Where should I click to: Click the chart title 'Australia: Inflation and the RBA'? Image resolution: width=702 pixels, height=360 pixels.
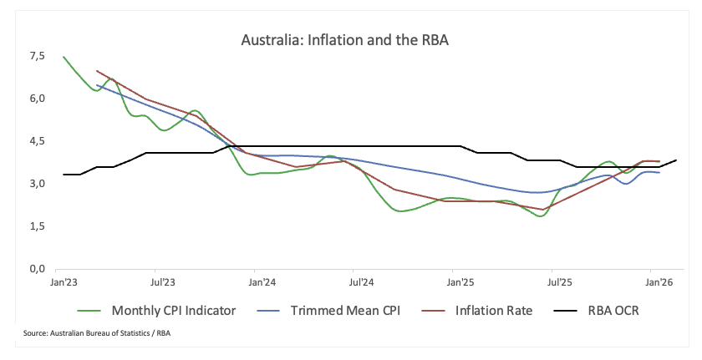tap(345, 40)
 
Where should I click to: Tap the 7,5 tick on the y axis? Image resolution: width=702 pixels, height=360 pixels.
tap(36, 56)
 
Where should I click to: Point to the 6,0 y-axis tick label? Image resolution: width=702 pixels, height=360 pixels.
tap(36, 99)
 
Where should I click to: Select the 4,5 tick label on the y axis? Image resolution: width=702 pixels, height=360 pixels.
tap(36, 141)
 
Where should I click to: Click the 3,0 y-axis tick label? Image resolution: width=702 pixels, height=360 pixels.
tap(36, 184)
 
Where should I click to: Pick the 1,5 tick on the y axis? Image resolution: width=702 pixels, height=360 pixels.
tap(36, 226)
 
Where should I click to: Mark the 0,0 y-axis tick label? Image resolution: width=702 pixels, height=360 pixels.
tap(36, 269)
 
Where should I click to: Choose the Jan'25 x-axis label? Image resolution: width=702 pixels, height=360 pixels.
tap(455, 284)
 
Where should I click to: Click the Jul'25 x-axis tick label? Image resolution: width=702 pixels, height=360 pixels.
tap(553, 284)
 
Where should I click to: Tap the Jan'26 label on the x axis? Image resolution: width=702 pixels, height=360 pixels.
tap(651, 284)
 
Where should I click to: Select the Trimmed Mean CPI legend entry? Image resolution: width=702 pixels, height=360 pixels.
tap(328, 311)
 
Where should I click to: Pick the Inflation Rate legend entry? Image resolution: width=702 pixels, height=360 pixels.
tap(476, 311)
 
